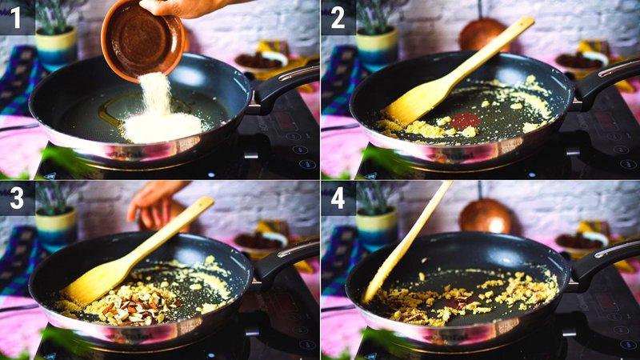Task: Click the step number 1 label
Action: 16,17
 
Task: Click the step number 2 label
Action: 338,17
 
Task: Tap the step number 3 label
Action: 16,198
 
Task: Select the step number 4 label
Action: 338,198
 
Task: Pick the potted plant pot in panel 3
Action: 56,228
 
